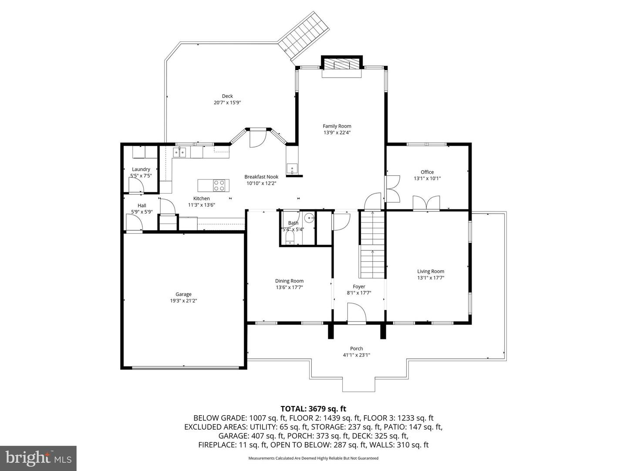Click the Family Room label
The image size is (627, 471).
pos(337,126)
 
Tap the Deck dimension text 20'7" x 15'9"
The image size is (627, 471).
pos(227,102)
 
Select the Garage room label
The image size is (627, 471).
pos(183,294)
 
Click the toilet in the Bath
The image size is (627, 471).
pos(290,237)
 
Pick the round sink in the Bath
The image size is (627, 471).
pos(309,218)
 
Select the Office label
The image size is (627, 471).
pos(427,172)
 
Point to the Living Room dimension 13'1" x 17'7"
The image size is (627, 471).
pos(431,278)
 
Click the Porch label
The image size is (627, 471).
pos(357,348)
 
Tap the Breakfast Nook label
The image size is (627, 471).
pos(261,177)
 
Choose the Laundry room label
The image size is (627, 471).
pos(141,169)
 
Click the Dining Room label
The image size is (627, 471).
pos(290,281)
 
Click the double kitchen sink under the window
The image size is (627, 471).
pos(179,152)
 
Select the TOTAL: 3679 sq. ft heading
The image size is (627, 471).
pos(313,409)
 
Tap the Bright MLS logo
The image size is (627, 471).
pos(38,458)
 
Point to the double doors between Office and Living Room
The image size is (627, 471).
pos(426,203)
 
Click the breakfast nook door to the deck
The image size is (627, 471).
pos(258,138)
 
